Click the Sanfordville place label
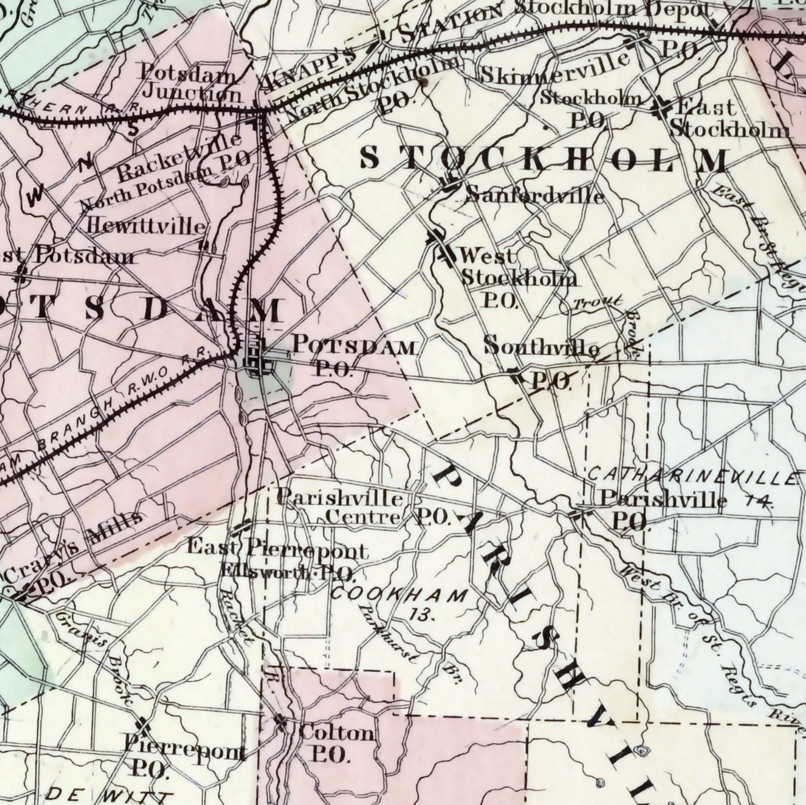tap(535, 195)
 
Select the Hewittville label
tap(146, 226)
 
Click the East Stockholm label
tap(729, 118)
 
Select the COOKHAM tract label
tap(399, 594)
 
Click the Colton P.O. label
tap(335, 743)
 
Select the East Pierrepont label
tap(277, 549)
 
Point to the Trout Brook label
tap(598, 303)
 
